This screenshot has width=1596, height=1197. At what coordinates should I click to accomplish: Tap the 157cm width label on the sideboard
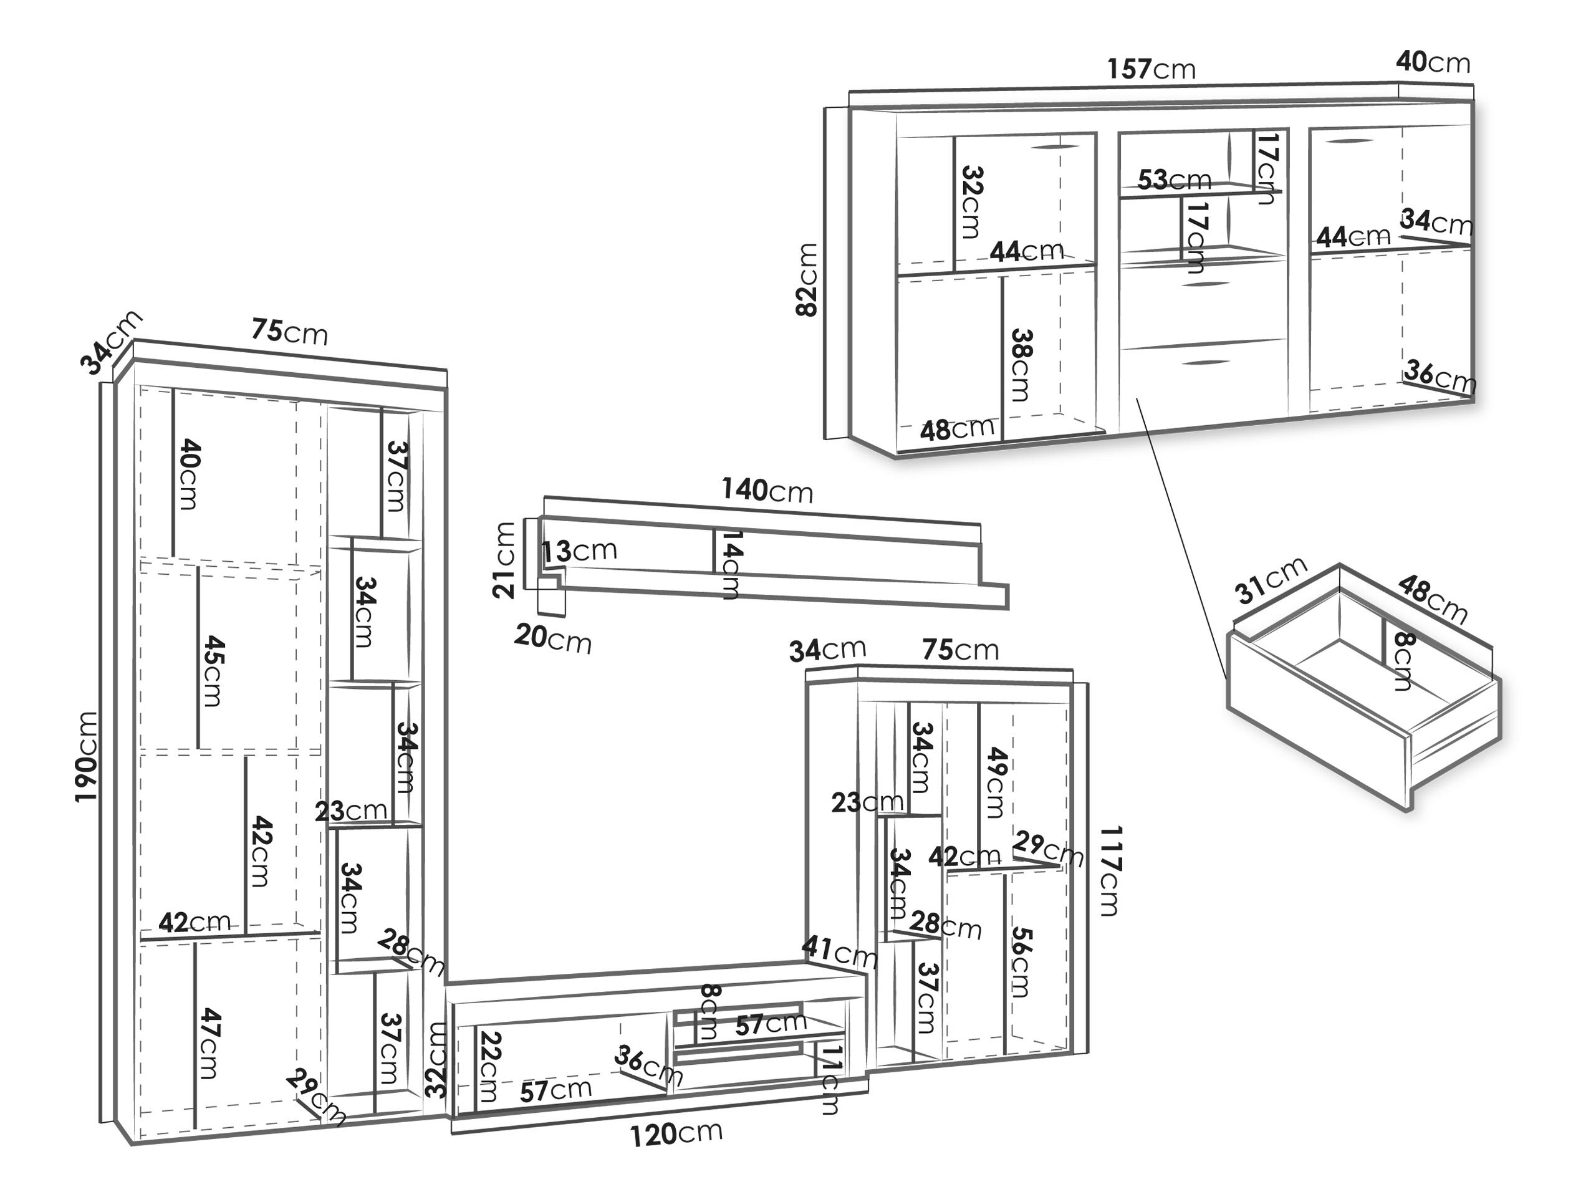click(1151, 69)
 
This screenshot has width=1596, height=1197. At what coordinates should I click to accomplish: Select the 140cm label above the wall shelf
click(766, 491)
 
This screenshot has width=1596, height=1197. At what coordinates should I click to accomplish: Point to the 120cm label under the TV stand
click(676, 1134)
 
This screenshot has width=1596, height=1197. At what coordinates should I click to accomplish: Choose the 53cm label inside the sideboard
click(1174, 180)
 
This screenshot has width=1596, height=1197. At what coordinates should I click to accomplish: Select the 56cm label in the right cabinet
click(1020, 961)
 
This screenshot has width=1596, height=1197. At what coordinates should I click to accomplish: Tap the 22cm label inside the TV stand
click(489, 1067)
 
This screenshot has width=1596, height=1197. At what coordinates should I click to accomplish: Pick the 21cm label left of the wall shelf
click(504, 560)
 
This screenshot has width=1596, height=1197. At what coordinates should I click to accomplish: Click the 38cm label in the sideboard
click(1022, 365)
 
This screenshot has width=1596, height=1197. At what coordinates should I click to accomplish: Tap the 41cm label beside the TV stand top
click(839, 953)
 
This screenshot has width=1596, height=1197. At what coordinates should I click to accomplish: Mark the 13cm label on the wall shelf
click(579, 550)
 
